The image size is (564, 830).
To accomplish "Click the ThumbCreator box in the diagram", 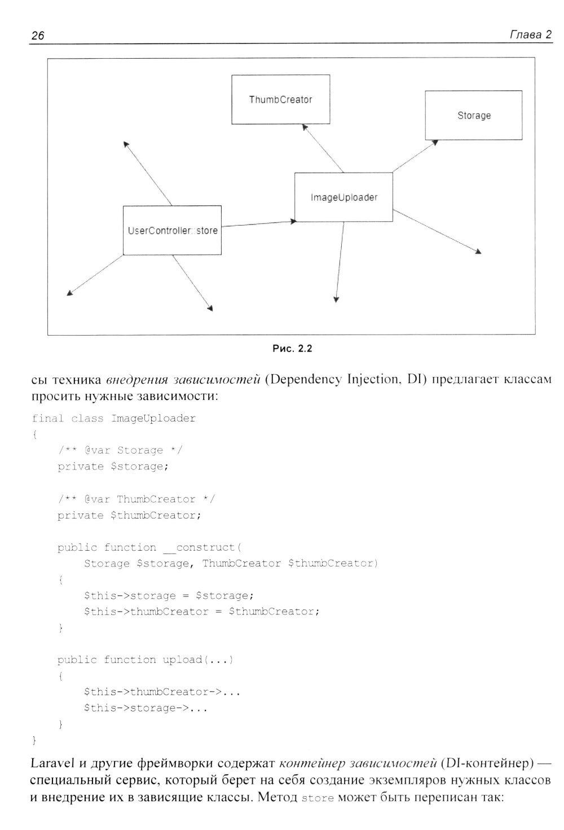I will point(280,99).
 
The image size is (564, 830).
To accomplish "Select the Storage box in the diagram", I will point(473,115).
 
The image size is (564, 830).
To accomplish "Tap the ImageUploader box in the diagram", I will point(343,197).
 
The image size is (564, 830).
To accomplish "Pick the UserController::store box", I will point(172,230).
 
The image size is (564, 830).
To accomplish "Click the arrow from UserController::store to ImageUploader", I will point(257,224).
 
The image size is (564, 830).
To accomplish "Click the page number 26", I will point(38,37).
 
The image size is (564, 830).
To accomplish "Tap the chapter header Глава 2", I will point(530,35).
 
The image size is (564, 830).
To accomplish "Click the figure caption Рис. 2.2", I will point(292,349).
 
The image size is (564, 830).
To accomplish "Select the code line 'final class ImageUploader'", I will point(114,418).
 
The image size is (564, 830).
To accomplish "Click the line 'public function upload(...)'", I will point(145,660).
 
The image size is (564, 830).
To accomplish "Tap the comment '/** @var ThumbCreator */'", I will point(136,499).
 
